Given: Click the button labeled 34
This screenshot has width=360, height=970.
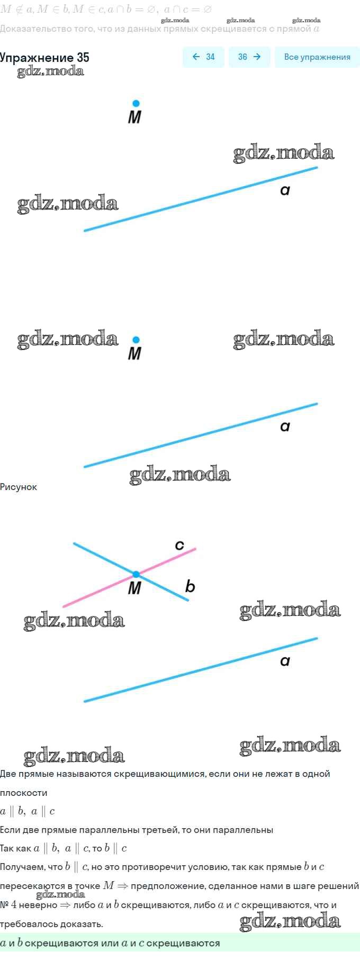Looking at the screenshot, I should (x=204, y=57).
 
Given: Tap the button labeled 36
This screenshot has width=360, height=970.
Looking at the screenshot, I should (x=249, y=57).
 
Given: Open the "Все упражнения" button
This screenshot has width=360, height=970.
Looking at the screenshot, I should (x=317, y=57).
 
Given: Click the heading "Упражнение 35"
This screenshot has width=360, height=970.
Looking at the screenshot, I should (x=44, y=58).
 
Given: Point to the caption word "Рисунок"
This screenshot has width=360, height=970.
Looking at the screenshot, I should (x=19, y=487).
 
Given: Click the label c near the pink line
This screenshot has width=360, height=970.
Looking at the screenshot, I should (x=179, y=545).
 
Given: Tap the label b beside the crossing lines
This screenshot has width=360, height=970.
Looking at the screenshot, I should (x=190, y=586).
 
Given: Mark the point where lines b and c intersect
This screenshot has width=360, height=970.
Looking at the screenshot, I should (x=136, y=574).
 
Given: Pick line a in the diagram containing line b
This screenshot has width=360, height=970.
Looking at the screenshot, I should (x=201, y=669).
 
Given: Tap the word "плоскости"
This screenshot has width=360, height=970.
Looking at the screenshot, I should (x=24, y=793).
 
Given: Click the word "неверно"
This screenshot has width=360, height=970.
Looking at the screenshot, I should (x=38, y=905).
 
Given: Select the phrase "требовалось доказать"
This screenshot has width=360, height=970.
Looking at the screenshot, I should (x=51, y=924).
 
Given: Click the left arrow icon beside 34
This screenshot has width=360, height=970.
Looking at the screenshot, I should (x=196, y=57).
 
